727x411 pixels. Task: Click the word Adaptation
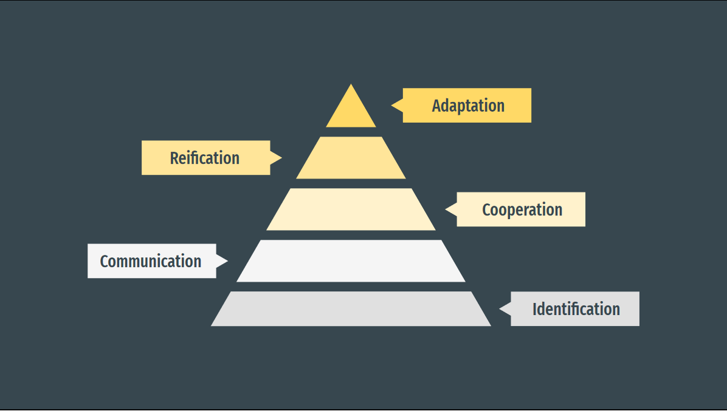point(468,106)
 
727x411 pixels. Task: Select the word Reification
point(205,158)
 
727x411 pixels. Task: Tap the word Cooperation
point(522,210)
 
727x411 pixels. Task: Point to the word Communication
point(151,261)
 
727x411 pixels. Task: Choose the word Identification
point(576,309)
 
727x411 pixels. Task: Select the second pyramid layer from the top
point(351,158)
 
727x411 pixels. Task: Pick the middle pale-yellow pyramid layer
point(351,209)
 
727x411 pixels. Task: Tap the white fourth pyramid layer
point(351,261)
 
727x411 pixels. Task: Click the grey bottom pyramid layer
point(351,309)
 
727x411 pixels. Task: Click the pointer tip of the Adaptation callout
point(392,106)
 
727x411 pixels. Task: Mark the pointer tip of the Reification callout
point(281,158)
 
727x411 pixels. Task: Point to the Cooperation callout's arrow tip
point(446,209)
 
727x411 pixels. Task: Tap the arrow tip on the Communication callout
point(227,261)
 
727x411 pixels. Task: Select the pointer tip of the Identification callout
point(500,309)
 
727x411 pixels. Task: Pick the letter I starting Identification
point(535,309)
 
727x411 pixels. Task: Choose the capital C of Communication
point(105,261)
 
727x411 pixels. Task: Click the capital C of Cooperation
point(487,210)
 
